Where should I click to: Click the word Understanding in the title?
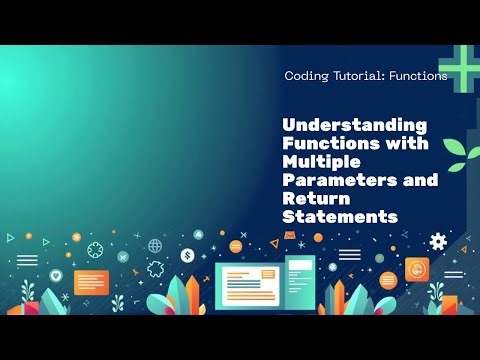(355, 126)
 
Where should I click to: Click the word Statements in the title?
(341, 216)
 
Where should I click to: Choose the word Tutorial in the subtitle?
(358, 76)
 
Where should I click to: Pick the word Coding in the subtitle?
(308, 76)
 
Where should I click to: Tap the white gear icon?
(437, 241)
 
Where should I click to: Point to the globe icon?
(155, 245)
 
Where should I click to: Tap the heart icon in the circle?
(57, 275)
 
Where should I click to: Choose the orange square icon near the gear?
(416, 267)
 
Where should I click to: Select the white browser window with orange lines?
(248, 287)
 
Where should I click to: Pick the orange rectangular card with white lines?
(91, 282)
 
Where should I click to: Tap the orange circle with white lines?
(388, 280)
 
